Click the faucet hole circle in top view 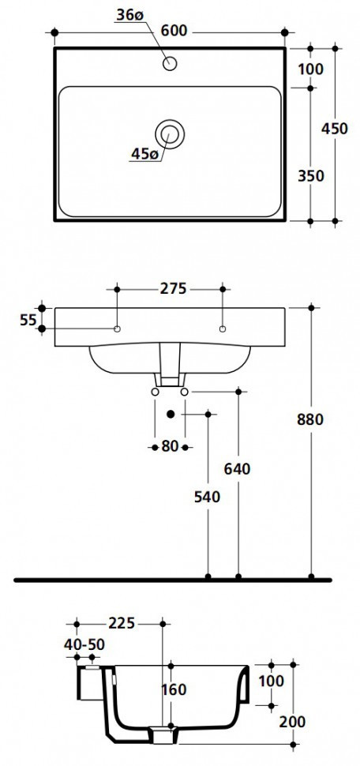tap(169, 64)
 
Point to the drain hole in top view tap(169, 132)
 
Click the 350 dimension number tap(311, 175)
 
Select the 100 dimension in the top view tap(311, 69)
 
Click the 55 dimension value tap(28, 319)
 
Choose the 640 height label tap(237, 468)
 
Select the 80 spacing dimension tap(170, 446)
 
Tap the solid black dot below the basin tap(170, 413)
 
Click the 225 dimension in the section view tap(122, 623)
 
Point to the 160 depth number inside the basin tap(173, 689)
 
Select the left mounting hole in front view tap(117, 328)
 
